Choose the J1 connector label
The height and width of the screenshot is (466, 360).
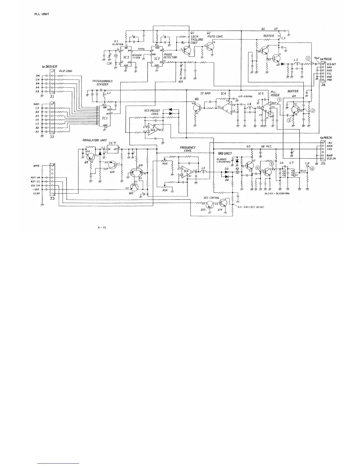click(x=52, y=96)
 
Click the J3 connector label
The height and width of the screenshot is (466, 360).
click(x=52, y=199)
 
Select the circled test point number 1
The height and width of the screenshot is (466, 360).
click(x=308, y=58)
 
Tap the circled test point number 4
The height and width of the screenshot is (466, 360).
click(x=312, y=169)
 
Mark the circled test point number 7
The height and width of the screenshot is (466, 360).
click(x=279, y=100)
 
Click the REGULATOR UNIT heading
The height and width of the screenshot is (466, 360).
click(x=95, y=140)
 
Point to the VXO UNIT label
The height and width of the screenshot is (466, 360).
click(x=224, y=154)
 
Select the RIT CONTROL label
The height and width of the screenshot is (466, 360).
click(x=211, y=198)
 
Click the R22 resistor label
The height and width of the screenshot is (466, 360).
click(x=181, y=81)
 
